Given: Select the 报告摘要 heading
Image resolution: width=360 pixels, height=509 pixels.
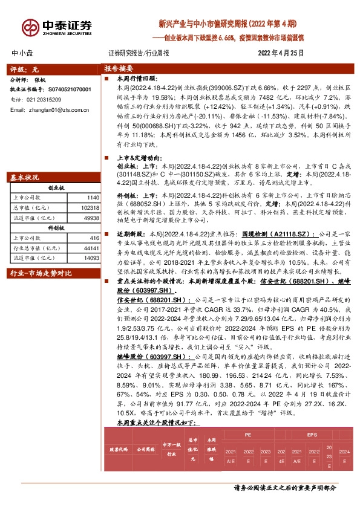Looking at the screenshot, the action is [118, 69].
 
